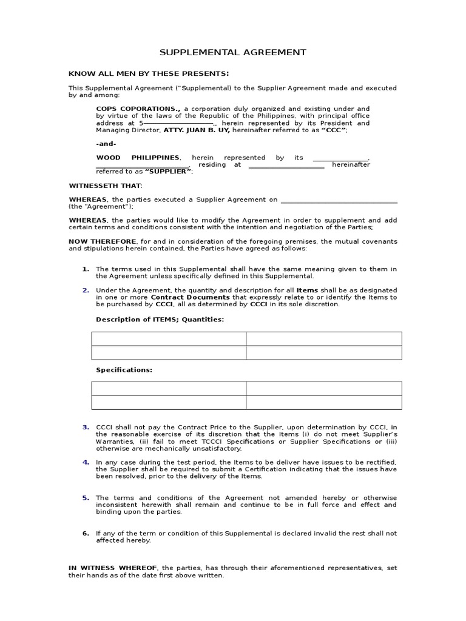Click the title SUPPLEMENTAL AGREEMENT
point(233,53)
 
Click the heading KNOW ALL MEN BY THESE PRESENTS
point(149,73)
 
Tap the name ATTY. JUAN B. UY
point(192,130)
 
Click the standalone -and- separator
point(106,144)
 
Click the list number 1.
point(86,269)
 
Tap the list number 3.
point(86,427)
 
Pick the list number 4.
point(86,462)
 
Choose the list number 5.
point(86,497)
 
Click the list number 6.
point(86,533)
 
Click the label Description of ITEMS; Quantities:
point(160,319)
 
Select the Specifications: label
point(124,369)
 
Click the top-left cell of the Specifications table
point(169,389)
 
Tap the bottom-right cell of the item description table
point(324,353)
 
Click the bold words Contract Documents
point(190,297)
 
